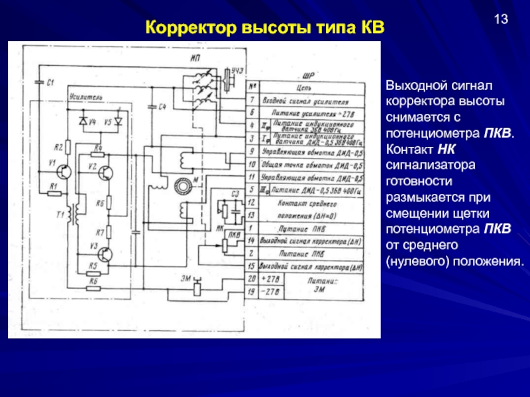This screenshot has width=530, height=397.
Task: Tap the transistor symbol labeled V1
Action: [65, 171]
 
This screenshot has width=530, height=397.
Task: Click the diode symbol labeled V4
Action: [83, 122]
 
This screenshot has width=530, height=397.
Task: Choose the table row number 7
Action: [252, 100]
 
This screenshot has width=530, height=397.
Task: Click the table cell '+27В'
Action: [271, 280]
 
